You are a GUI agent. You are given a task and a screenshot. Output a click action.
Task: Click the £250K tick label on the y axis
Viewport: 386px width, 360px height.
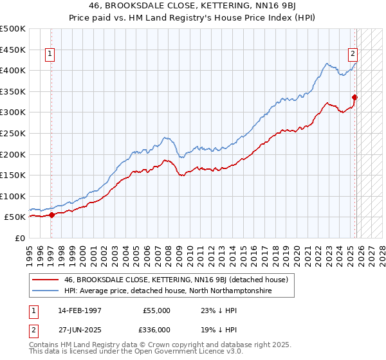point(13,133)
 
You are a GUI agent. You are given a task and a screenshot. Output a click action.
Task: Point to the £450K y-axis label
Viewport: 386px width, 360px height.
point(13,50)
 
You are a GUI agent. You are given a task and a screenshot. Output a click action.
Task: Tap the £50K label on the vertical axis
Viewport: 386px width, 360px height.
point(15,217)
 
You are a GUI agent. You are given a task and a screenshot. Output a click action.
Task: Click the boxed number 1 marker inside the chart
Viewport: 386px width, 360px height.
point(50,55)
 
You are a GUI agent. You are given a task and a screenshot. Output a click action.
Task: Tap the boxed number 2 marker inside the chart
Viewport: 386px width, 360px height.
point(353,55)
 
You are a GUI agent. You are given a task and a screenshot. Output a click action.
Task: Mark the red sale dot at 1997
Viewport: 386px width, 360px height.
point(52,215)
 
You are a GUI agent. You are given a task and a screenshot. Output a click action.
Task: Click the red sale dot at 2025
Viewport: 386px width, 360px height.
point(354,97)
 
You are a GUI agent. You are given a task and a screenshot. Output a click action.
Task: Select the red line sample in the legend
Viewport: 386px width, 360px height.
point(46,280)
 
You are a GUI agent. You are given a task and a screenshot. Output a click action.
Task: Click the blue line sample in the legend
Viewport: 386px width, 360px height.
point(46,291)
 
